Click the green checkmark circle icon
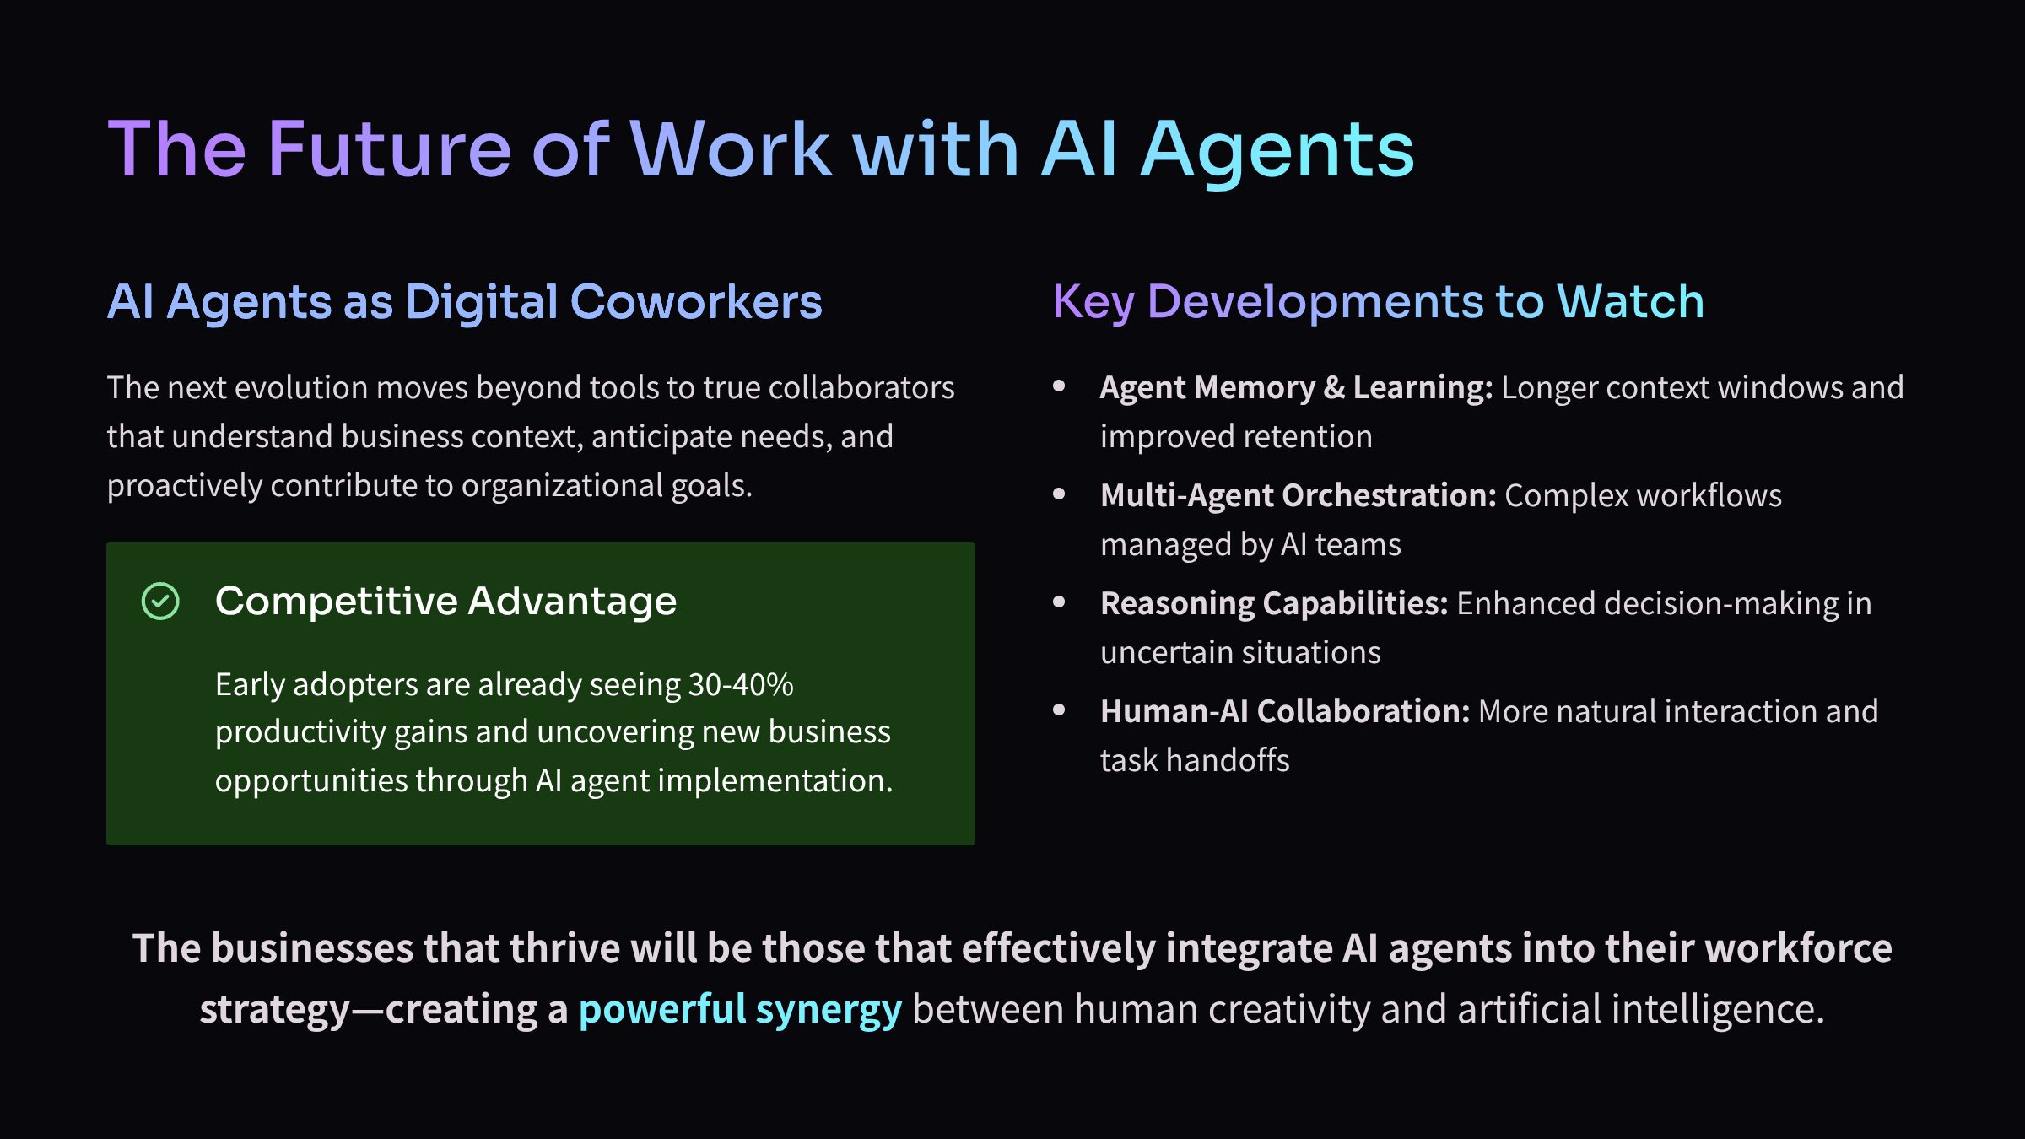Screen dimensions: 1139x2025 [x=160, y=602]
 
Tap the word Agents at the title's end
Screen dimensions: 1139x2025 [x=1277, y=152]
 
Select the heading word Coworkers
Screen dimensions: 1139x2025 [x=696, y=302]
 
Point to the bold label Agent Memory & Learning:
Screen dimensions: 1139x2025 [x=1296, y=387]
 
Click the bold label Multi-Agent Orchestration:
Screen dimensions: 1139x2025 [x=1298, y=495]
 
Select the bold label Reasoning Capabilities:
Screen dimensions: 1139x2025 [x=1274, y=603]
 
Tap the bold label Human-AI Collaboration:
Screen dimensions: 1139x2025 [x=1285, y=711]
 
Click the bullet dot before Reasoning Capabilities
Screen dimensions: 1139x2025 [x=1059, y=602]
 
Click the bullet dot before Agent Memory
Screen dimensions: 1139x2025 [x=1059, y=386]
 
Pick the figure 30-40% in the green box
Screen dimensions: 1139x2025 [x=741, y=684]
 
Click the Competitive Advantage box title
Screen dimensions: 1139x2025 [x=445, y=602]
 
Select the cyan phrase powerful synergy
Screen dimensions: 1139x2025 [x=740, y=1009]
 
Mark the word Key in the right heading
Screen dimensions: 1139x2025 [x=1093, y=302]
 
